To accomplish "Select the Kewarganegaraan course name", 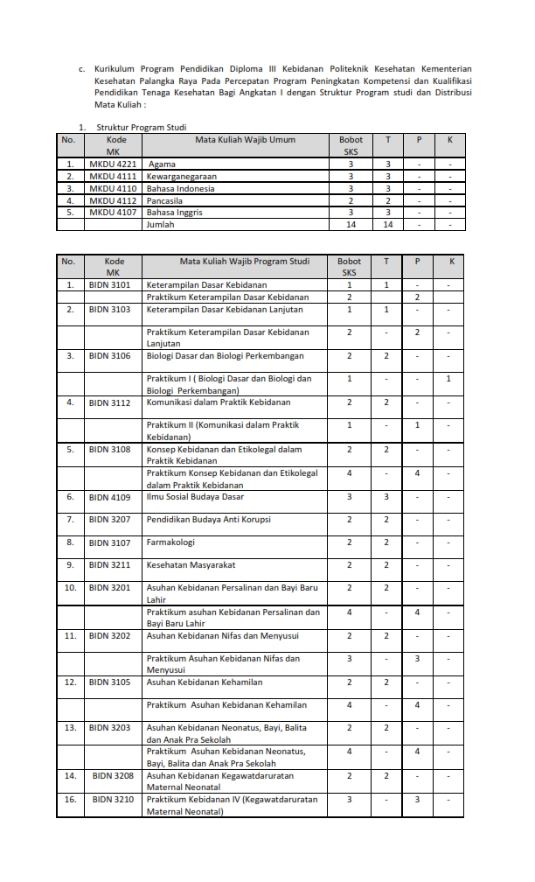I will pyautogui.click(x=184, y=176).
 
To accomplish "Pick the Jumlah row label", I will pyautogui.click(x=161, y=224).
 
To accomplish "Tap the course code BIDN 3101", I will pyautogui.click(x=110, y=284).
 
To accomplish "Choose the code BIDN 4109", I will pyautogui.click(x=110, y=497).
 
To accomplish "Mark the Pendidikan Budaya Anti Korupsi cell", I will pyautogui.click(x=209, y=520).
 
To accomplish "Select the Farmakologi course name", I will pyautogui.click(x=171, y=542).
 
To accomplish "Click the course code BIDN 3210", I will pyautogui.click(x=114, y=799).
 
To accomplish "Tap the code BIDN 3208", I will pyautogui.click(x=114, y=775).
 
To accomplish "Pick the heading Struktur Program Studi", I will pyautogui.click(x=142, y=127).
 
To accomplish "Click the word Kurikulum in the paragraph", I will pyautogui.click(x=114, y=68).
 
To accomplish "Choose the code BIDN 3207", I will pyautogui.click(x=110, y=520).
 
